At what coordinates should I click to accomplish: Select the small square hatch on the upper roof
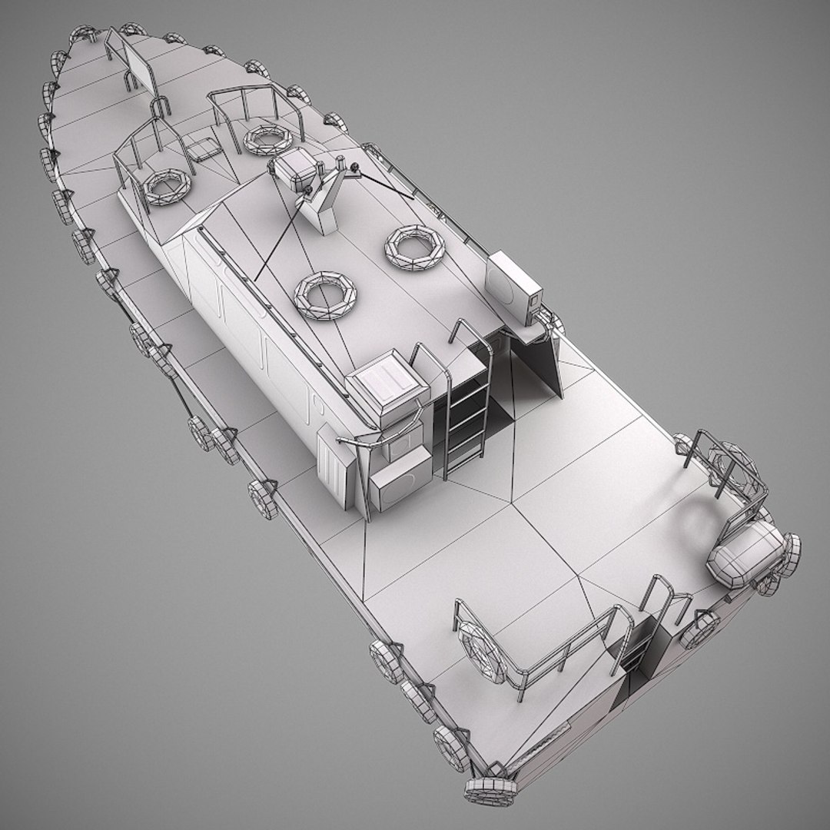pos(202,149)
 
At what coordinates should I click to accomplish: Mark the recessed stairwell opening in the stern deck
pos(644,646)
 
